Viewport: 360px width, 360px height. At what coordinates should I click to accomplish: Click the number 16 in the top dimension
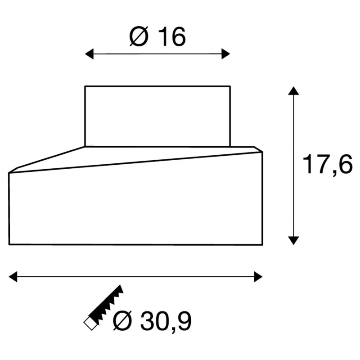172,37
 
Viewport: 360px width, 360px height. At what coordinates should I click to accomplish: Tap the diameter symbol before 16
139,37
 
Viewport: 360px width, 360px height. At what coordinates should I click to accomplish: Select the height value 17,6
328,164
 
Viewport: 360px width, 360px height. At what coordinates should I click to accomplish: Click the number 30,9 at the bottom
166,321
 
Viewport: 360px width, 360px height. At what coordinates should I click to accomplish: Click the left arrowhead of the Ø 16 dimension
89,54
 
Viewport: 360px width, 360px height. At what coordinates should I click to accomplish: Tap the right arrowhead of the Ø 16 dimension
226,54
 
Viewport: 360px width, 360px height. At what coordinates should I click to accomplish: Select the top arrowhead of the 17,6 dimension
293,91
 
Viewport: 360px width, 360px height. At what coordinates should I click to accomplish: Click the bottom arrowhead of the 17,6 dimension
293,241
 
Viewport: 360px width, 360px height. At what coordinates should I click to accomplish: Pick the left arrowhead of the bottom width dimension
13,277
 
